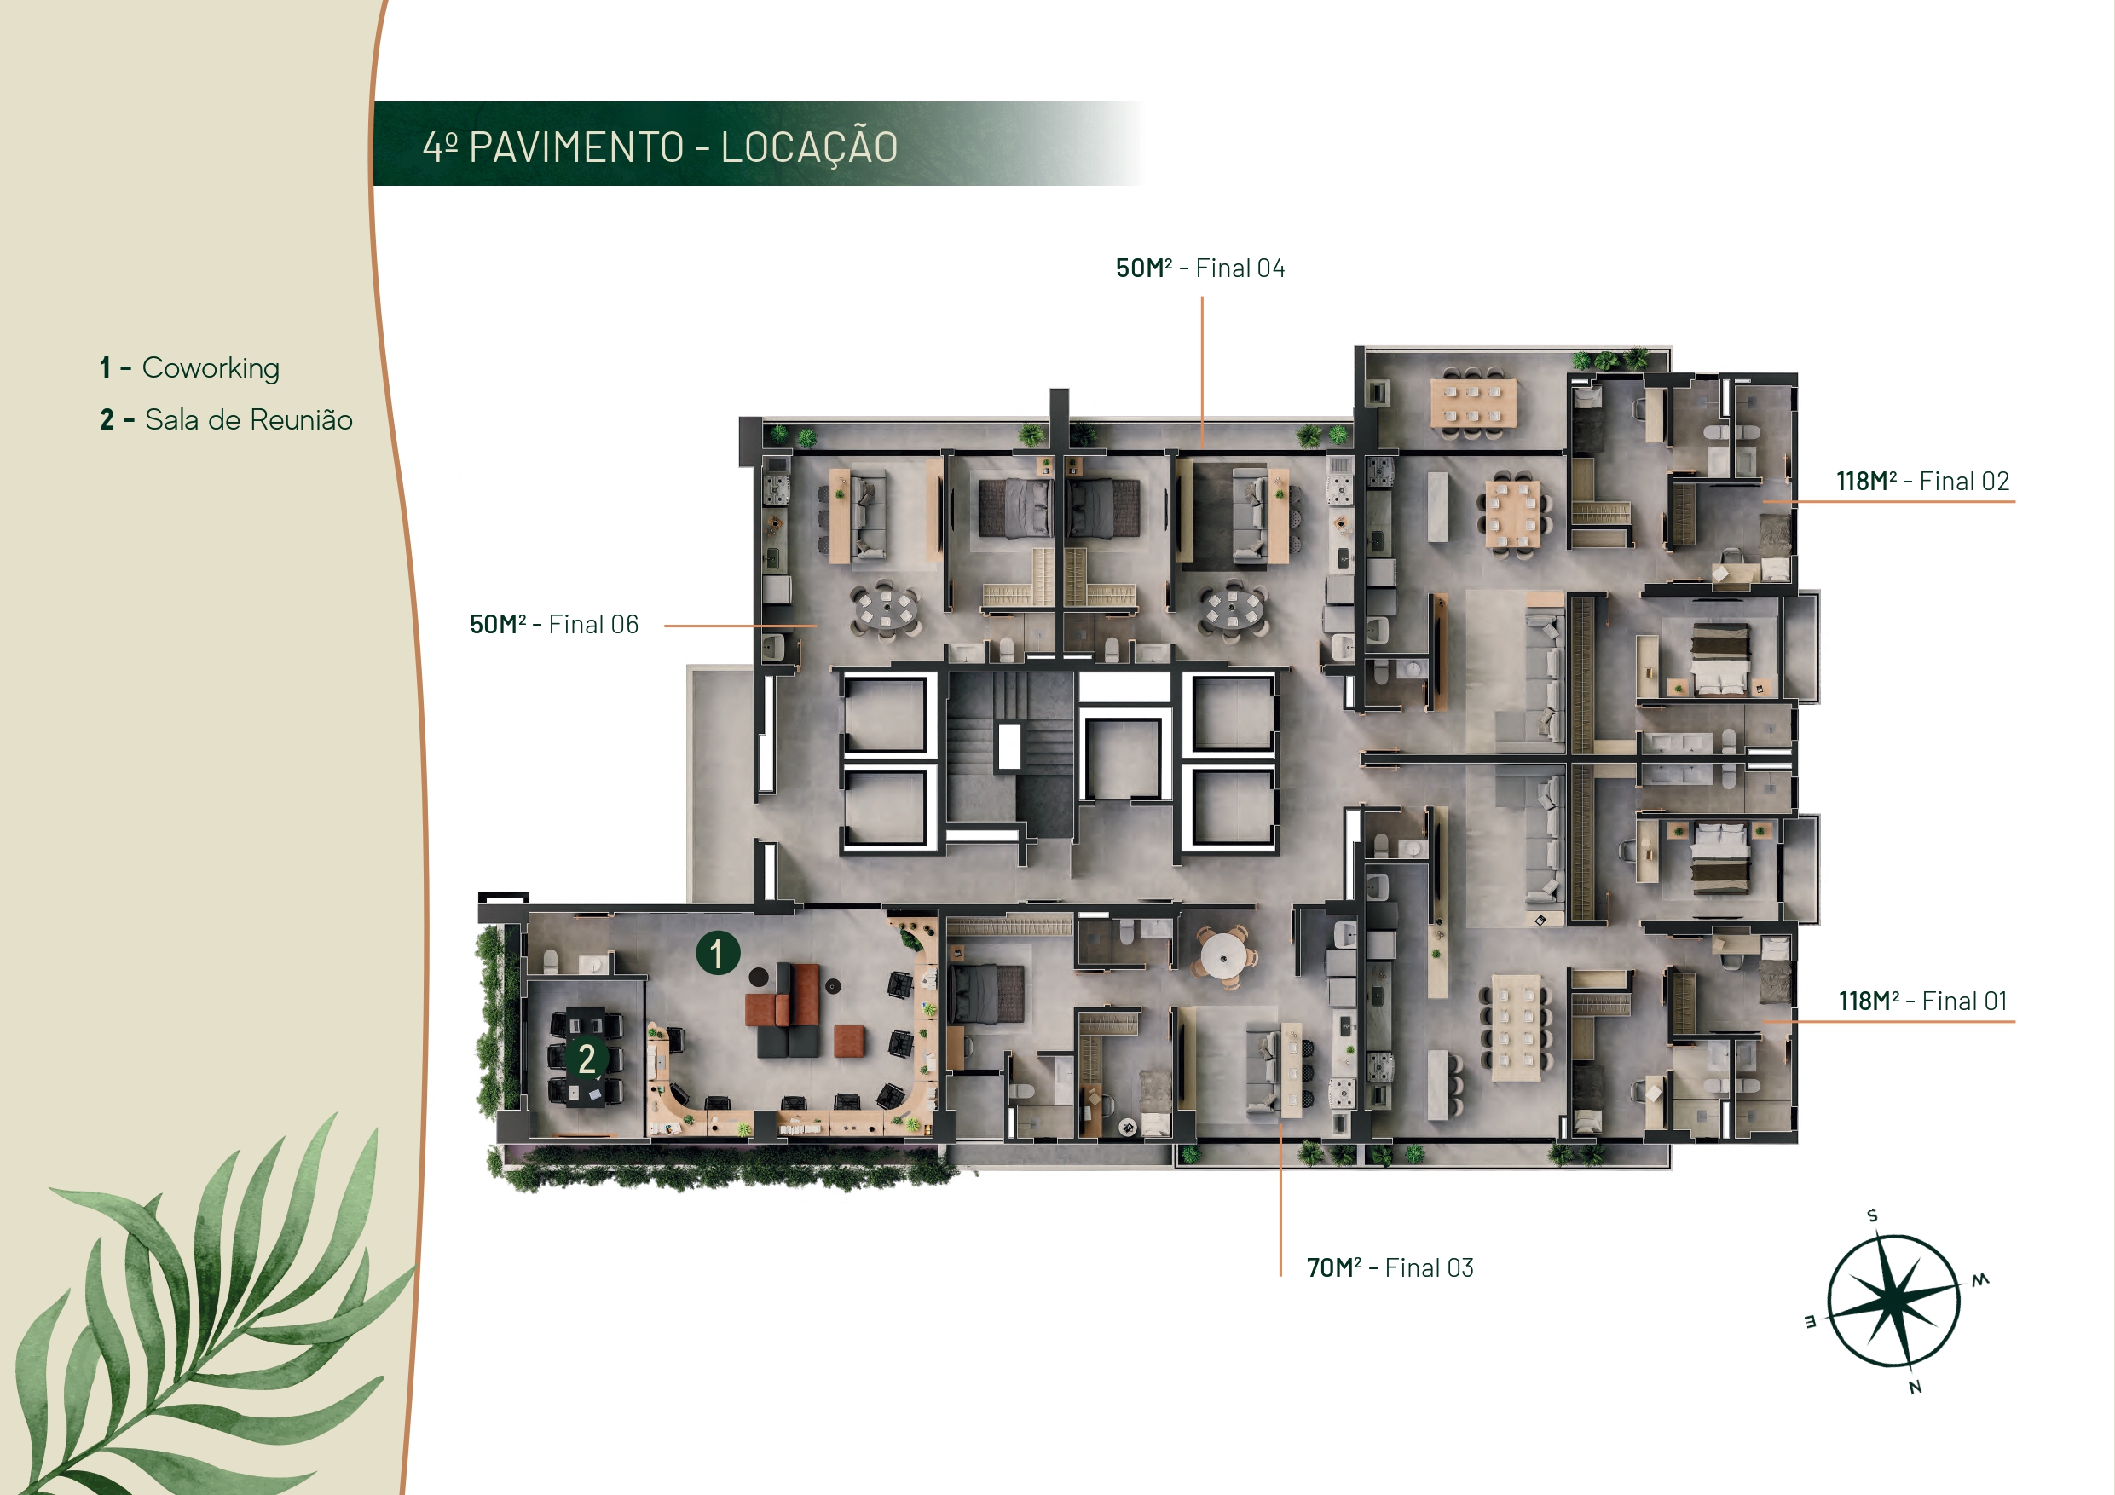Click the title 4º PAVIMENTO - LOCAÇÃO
coord(660,147)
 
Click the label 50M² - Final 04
coord(1200,268)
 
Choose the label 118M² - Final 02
coord(1923,481)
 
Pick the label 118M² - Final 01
coord(1923,1001)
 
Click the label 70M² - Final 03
coord(1390,1267)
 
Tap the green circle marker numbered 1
coord(718,952)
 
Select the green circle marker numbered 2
coord(587,1059)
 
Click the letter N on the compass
coord(1916,1388)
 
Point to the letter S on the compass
coord(1872,1216)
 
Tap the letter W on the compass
coord(1980,1279)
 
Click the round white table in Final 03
coord(1223,956)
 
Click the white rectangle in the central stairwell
coord(1009,746)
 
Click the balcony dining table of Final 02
coord(1473,402)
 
